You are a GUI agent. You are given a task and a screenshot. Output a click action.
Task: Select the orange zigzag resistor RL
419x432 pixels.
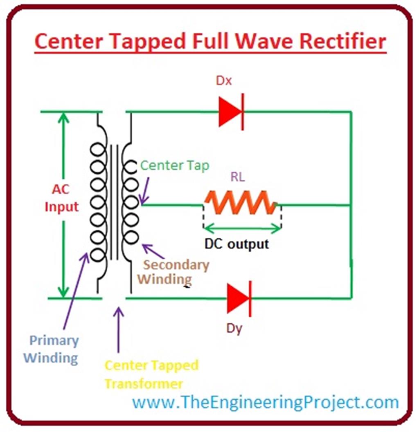pyautogui.click(x=241, y=203)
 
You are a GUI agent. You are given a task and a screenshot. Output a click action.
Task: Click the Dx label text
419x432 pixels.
pyautogui.click(x=224, y=81)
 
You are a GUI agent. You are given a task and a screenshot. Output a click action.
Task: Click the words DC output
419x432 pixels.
pyautogui.click(x=237, y=244)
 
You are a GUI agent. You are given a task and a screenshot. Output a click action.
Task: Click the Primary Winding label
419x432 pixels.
pyautogui.click(x=51, y=349)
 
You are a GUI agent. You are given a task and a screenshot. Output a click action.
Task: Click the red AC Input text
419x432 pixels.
pyautogui.click(x=61, y=198)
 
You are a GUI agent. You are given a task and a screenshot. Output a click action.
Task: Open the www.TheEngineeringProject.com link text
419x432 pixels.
pyautogui.click(x=265, y=402)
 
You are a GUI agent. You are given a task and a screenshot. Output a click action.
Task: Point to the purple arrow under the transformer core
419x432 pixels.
pyautogui.click(x=119, y=329)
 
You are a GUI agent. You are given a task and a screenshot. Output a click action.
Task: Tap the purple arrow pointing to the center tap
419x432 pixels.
pyautogui.click(x=146, y=191)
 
